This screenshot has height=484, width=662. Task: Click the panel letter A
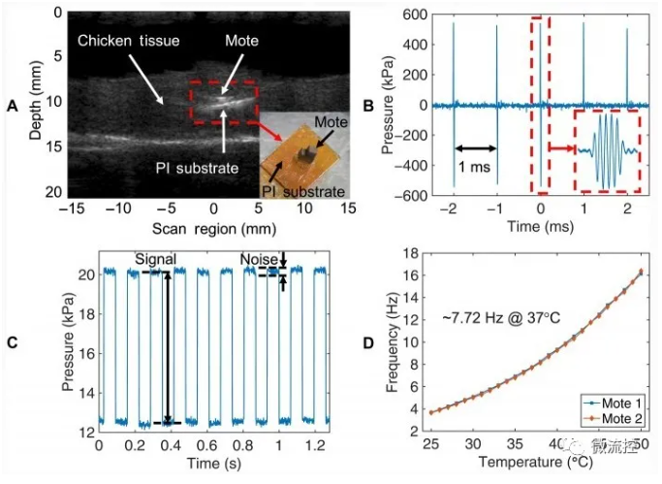13,104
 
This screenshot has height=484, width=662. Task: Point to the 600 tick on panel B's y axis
415,15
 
